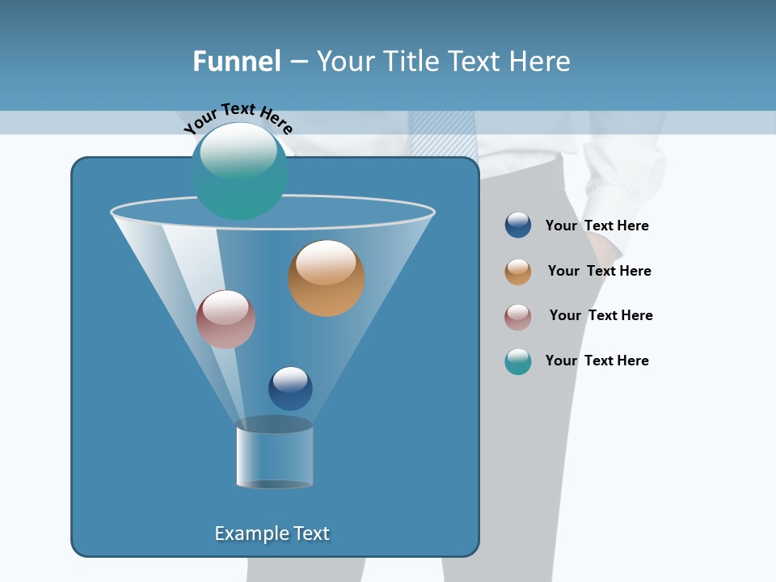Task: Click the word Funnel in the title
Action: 236,61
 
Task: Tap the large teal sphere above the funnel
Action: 238,171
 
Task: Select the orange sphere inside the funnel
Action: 326,278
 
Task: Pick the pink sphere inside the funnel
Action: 226,319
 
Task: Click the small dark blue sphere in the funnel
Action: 290,388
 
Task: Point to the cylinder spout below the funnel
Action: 274,454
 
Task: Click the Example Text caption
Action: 272,533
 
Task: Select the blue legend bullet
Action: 518,226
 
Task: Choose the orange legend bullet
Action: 518,272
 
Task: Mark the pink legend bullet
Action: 518,317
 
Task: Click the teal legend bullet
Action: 518,361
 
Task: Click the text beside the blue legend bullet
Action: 597,226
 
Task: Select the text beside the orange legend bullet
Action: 599,272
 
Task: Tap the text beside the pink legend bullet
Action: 601,316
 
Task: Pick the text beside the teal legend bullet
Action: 597,361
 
